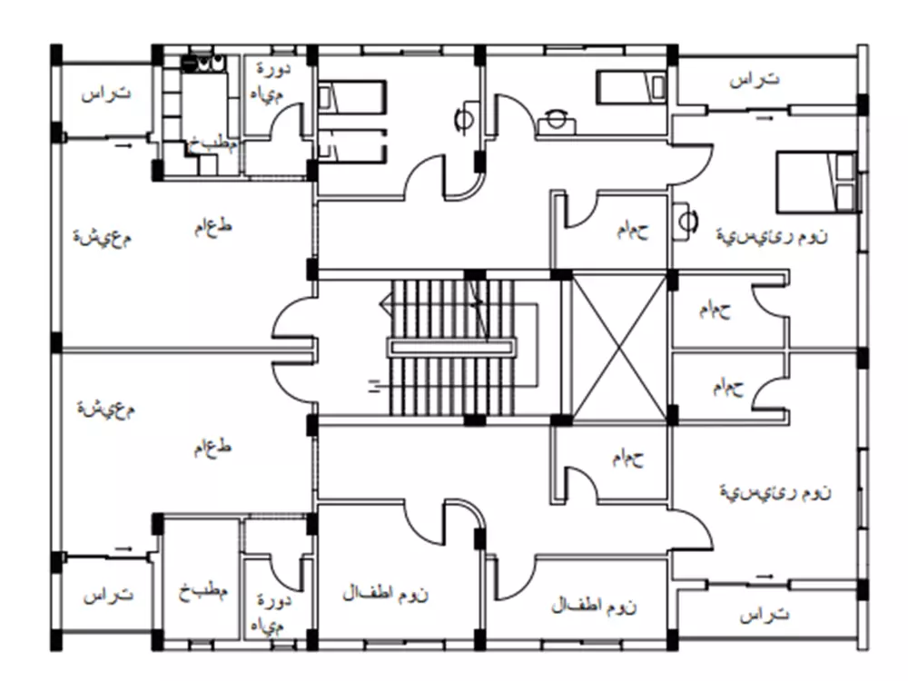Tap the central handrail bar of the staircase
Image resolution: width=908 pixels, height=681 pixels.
(451, 347)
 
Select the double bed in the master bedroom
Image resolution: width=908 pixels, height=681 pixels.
(816, 183)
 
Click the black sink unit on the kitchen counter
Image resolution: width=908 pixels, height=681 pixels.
(203, 64)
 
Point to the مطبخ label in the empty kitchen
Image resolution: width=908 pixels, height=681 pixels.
(202, 591)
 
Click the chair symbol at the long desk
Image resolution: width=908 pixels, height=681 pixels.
(554, 118)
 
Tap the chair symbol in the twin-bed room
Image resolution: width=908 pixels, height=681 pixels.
(464, 116)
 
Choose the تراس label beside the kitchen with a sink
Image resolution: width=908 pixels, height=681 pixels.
(104, 94)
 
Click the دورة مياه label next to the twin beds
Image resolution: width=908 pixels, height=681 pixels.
(271, 80)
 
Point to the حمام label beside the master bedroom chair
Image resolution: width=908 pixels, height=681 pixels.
(632, 231)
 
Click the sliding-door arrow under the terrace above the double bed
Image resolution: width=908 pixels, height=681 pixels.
(766, 117)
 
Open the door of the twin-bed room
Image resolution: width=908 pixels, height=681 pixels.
(425, 178)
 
